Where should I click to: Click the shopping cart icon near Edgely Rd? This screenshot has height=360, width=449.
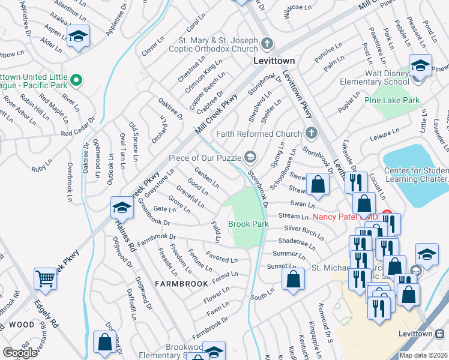(x=46, y=278)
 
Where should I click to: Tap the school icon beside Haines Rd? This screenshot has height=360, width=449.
(x=121, y=208)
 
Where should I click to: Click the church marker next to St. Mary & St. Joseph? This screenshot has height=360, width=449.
(x=267, y=43)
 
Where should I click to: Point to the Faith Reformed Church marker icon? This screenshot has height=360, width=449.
(x=310, y=133)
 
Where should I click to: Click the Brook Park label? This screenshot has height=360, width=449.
(x=248, y=224)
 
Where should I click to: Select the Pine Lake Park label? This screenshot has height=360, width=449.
(x=393, y=100)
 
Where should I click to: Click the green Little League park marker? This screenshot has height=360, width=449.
(x=76, y=79)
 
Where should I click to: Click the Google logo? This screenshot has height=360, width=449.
(x=20, y=353)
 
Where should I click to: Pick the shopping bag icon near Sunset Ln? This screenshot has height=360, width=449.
(x=292, y=278)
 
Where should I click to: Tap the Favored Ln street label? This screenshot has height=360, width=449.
(x=221, y=259)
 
